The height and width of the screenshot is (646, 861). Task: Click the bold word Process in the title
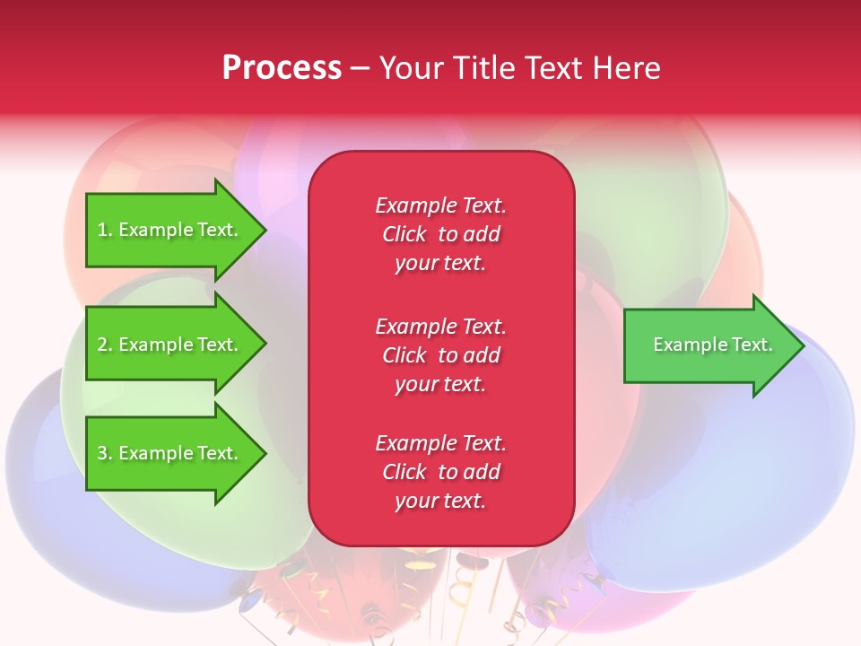click(282, 68)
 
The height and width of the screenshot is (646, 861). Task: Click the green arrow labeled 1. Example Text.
click(170, 230)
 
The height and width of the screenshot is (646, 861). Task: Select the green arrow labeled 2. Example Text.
click(170, 345)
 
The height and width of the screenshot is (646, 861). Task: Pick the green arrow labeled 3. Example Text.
click(170, 453)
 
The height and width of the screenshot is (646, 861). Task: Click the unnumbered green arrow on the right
click(709, 345)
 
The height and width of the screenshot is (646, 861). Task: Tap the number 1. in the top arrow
click(105, 230)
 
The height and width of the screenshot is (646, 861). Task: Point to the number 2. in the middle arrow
click(105, 345)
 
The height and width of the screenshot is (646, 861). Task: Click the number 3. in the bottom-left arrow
click(105, 453)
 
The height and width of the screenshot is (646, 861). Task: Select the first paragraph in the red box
click(440, 234)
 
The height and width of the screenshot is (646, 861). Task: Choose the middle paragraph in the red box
click(440, 355)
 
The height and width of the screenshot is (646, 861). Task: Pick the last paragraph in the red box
click(440, 472)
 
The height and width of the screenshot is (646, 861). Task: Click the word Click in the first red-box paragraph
click(404, 234)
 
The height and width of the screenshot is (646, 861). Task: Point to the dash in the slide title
click(360, 68)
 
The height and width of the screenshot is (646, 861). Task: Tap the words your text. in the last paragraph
click(440, 502)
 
